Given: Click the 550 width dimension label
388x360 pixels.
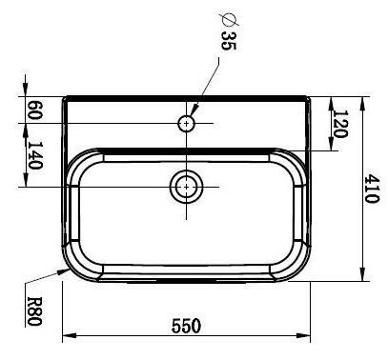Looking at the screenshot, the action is coord(186,326).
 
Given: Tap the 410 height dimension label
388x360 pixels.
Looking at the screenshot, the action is coord(372,189).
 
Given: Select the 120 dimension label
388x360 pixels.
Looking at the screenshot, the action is coord(341,124).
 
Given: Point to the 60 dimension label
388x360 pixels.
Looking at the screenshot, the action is coord(34,110).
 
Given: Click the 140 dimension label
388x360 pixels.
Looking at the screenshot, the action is coord(34,155).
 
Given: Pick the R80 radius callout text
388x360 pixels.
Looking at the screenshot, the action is coord(34,311).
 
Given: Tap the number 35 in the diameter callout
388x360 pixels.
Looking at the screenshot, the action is coord(229,41).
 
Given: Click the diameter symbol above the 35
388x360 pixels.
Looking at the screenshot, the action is coord(229,20).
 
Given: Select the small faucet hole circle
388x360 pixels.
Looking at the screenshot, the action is coord(186,123).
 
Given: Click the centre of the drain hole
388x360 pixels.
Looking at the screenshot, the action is coord(187,187).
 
